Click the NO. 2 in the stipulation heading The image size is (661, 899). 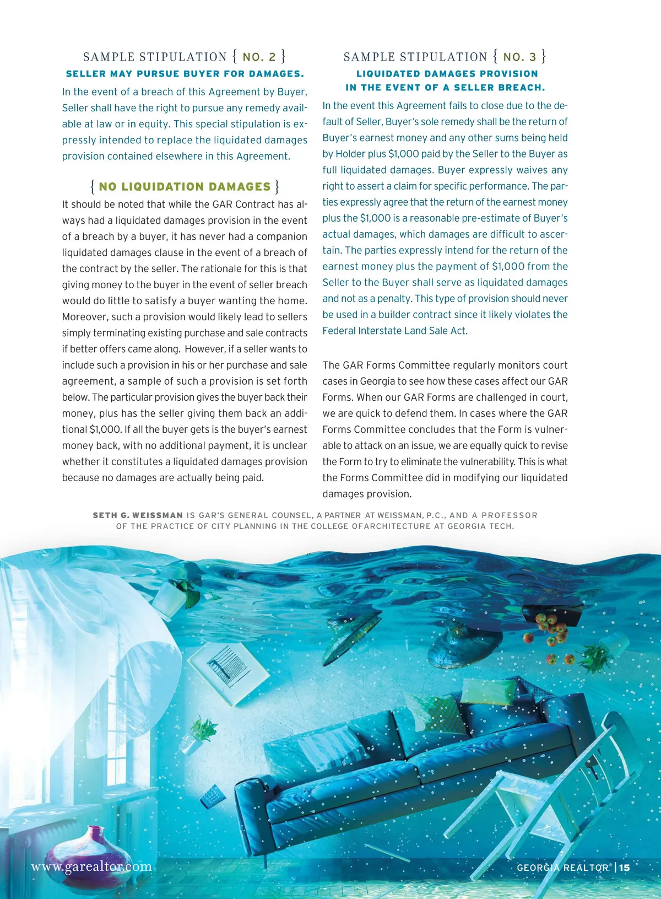click(259, 57)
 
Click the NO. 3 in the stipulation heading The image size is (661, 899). click(519, 57)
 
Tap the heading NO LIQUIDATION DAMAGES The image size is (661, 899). click(185, 187)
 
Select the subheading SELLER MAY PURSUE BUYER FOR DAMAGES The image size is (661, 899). click(185, 74)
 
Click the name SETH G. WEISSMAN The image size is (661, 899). click(138, 515)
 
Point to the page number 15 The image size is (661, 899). click(624, 868)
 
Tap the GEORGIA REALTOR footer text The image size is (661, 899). click(562, 868)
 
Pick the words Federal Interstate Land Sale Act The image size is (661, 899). click(395, 331)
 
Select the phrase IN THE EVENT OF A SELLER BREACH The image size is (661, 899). click(445, 88)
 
